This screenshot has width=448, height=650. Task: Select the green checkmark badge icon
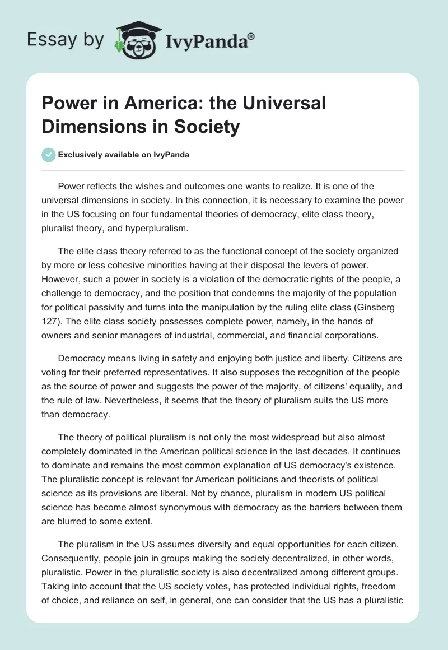point(49,155)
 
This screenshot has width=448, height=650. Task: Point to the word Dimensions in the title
point(91,127)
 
